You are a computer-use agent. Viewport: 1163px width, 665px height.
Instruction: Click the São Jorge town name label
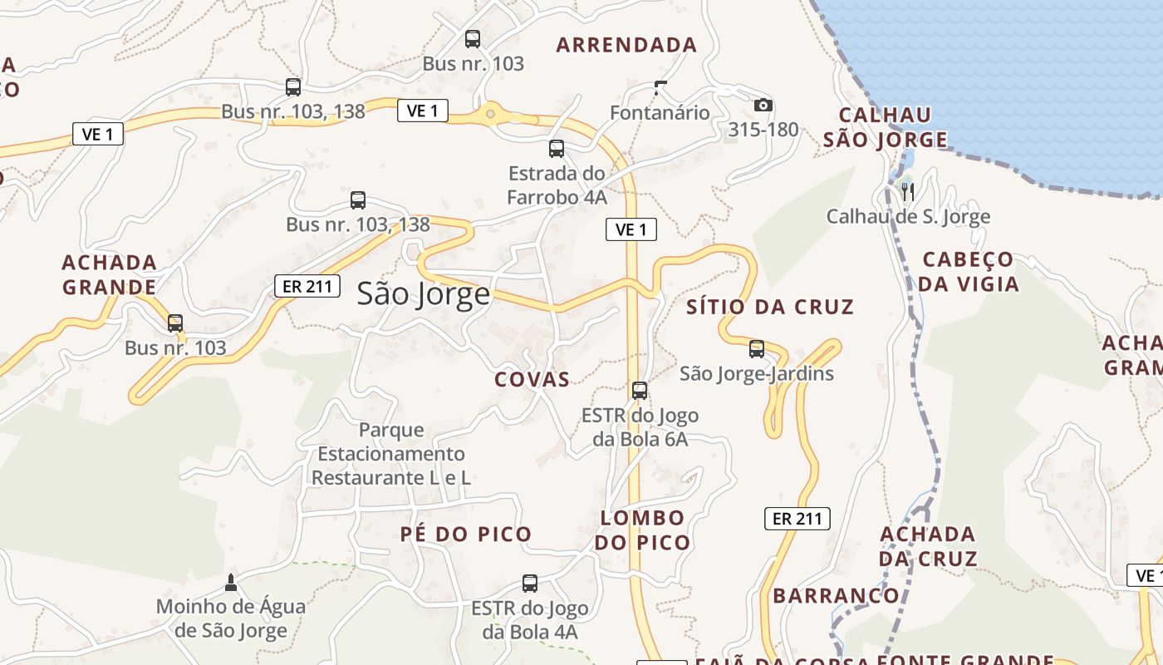coord(424,294)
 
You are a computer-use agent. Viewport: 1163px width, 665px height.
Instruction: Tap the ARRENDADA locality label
coord(626,45)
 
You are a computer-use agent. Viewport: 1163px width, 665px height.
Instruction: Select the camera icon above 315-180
coord(763,106)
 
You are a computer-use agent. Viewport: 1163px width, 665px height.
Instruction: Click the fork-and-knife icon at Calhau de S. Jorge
coord(908,192)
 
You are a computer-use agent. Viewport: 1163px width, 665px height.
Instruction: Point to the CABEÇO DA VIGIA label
coord(969,272)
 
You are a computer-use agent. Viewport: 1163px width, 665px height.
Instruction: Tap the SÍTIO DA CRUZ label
coord(770,308)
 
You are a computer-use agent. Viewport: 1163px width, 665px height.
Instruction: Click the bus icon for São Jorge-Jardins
coord(756,349)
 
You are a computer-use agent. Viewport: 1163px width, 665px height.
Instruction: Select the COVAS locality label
coord(532,380)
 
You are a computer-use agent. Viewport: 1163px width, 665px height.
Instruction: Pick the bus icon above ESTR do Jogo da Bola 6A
coord(640,391)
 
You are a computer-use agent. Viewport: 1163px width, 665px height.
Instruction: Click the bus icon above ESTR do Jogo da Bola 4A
coord(530,584)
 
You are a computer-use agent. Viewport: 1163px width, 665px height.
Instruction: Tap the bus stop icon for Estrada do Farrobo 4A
coord(557,149)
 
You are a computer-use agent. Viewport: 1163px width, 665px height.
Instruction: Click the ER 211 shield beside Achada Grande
coord(307,287)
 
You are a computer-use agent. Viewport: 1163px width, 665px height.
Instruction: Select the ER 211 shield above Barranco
coord(797,519)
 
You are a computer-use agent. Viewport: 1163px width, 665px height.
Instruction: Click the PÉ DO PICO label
coord(466,534)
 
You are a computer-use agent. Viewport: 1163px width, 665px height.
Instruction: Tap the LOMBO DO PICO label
coord(643,530)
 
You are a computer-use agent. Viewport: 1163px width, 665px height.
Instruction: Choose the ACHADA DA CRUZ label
coord(928,546)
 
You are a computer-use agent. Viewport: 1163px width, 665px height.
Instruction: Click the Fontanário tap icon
coord(660,87)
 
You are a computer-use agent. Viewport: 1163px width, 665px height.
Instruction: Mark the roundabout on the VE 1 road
coord(491,114)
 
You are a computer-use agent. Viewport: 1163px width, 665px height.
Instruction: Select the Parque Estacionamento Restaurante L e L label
coord(391,454)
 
